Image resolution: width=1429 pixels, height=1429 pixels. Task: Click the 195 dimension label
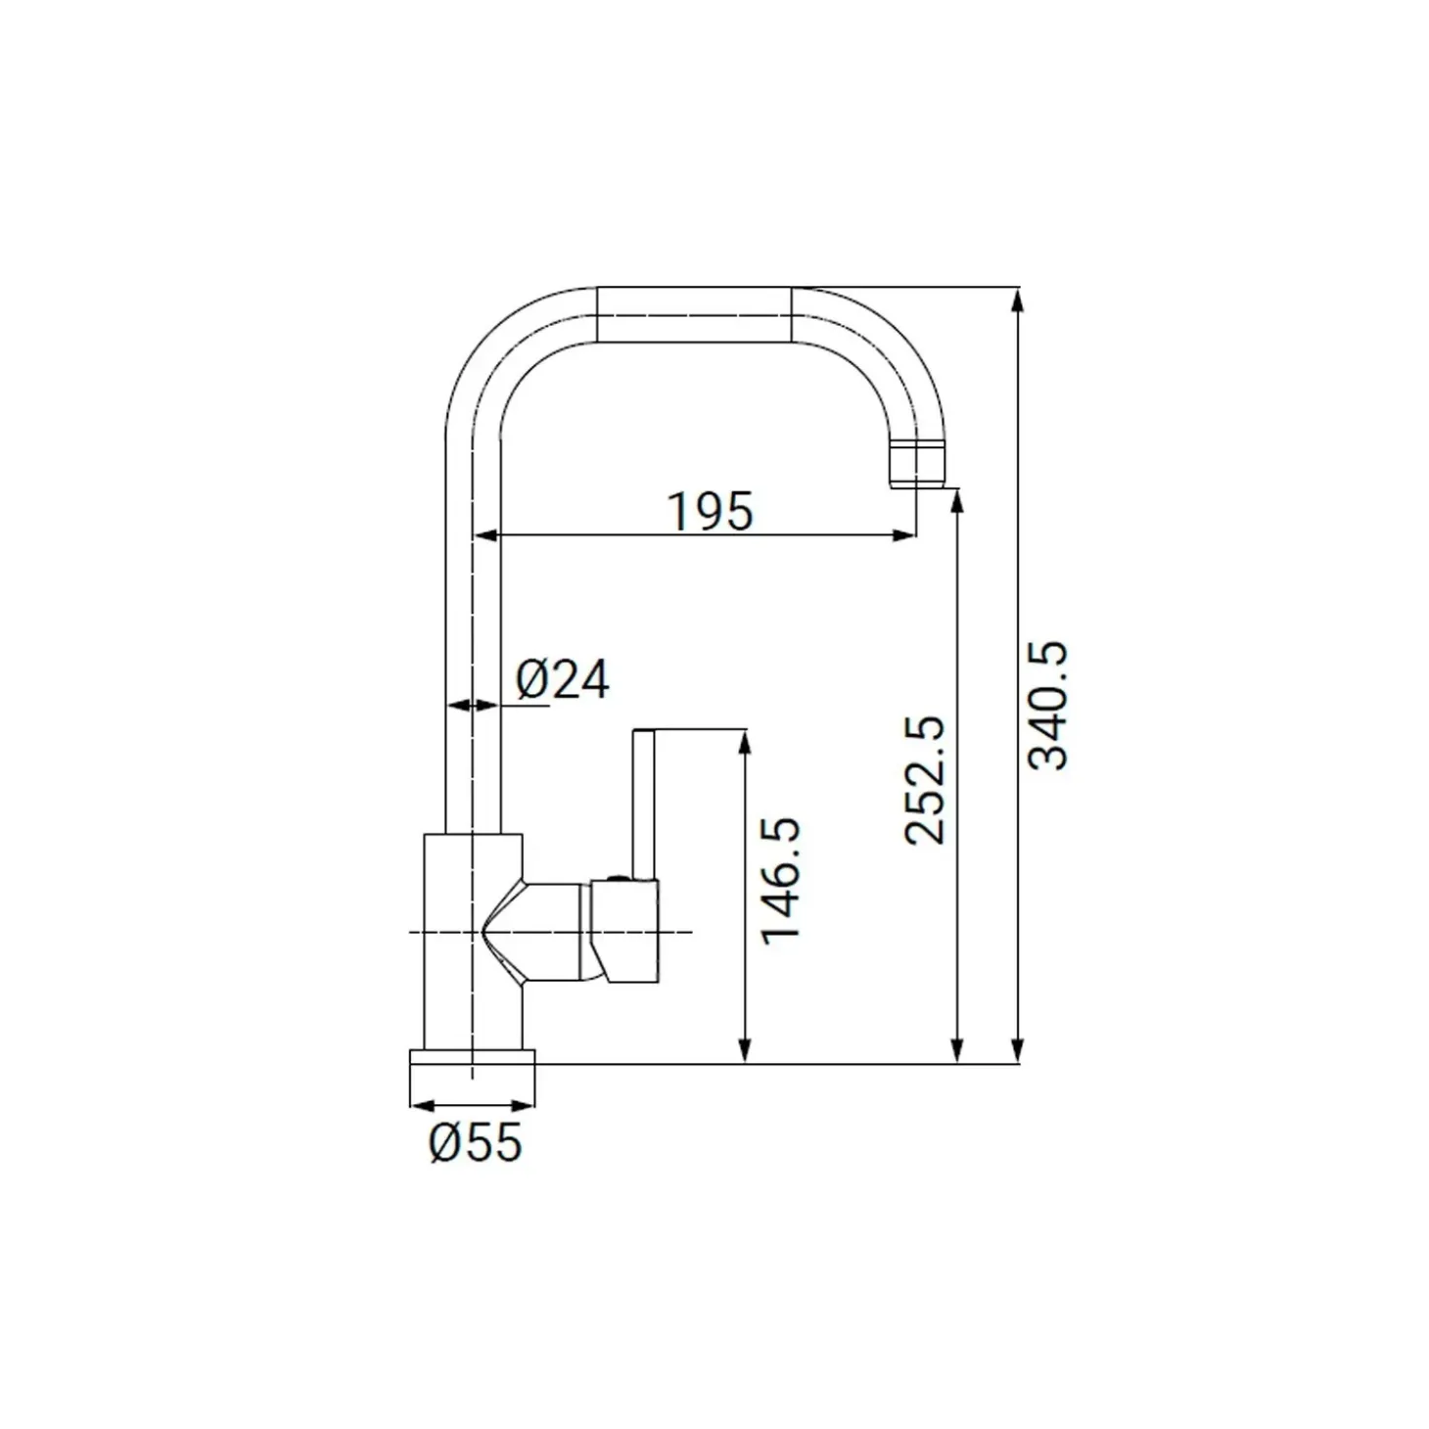(711, 511)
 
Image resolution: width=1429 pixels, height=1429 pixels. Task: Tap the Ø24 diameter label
(563, 678)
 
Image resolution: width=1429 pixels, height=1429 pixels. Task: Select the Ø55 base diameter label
(476, 1142)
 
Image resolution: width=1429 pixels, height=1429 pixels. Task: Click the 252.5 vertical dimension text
(926, 780)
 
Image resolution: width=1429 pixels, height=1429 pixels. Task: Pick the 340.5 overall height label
(1047, 706)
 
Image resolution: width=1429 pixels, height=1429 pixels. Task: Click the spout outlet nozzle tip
(916, 463)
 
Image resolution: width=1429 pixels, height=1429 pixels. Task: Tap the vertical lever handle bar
(643, 805)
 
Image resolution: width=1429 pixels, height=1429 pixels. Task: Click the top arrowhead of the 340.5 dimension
(1018, 302)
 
